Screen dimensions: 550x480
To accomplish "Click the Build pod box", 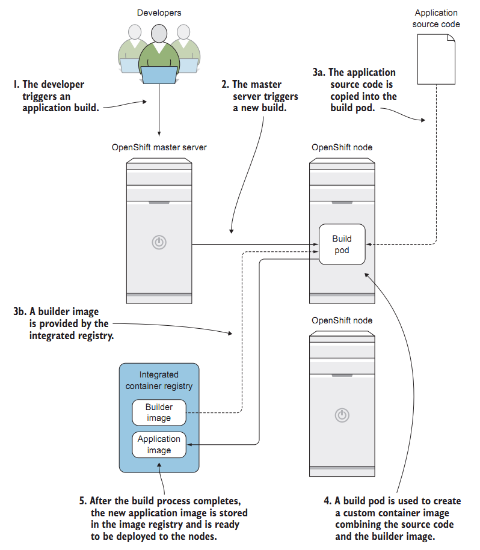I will [342, 244].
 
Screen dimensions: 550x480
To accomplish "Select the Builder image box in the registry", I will [159, 412].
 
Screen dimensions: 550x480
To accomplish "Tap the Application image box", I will [159, 444].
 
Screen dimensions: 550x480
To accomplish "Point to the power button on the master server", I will [159, 243].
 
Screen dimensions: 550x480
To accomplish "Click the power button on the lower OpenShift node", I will [342, 414].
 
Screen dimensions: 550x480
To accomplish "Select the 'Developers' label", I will [159, 13].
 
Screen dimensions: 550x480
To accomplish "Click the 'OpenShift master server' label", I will [159, 147].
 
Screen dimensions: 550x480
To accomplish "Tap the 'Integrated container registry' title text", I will [159, 380].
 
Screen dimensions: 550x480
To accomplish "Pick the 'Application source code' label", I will [436, 18].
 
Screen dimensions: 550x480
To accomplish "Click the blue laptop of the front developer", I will [159, 74].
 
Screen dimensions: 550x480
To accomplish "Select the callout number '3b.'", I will [22, 312].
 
